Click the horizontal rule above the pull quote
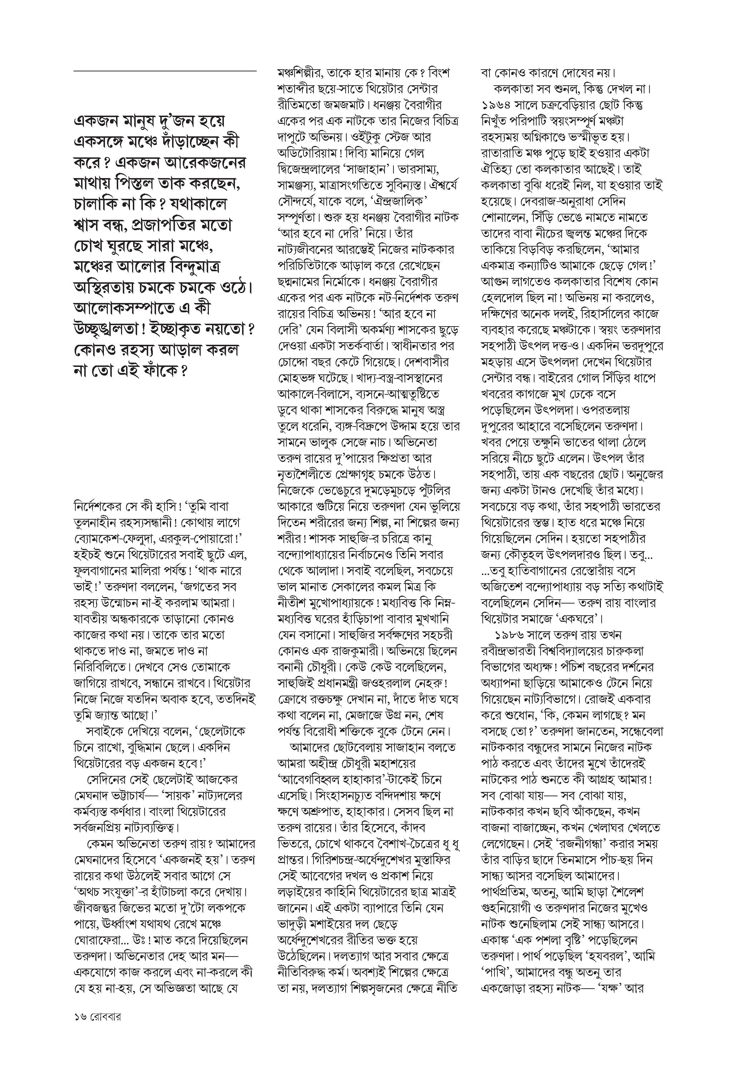tap(165, 71)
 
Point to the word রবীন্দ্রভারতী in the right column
tap(506, 651)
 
